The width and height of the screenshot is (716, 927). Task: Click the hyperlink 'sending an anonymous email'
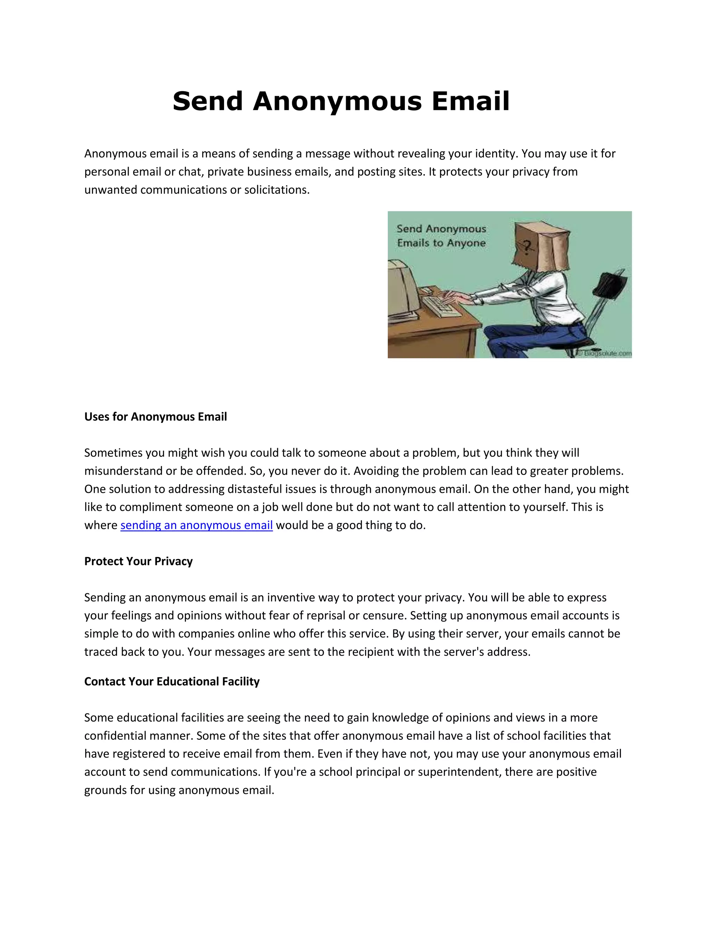coord(196,525)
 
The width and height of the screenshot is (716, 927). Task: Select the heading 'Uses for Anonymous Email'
coord(155,417)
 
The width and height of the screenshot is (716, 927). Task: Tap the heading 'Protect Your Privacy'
coord(138,561)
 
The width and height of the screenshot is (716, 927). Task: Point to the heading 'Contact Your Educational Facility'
coord(172,682)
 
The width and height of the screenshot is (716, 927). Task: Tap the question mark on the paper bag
coord(527,247)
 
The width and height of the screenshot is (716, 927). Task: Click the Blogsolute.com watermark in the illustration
coord(607,353)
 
